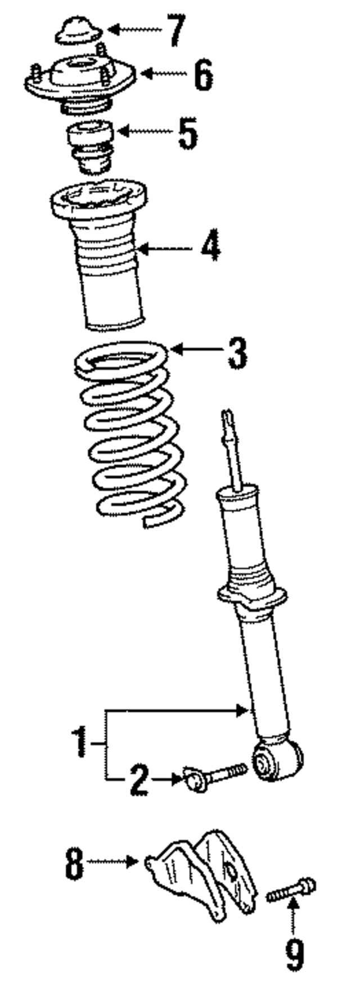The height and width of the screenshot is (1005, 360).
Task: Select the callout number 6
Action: [203, 74]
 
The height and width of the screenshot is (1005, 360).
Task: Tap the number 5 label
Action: [188, 133]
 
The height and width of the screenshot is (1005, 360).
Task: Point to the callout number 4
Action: [211, 246]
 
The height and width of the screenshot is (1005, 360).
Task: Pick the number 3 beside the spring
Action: [237, 353]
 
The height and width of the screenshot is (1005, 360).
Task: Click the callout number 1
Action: [80, 742]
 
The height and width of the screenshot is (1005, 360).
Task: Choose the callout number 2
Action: [139, 780]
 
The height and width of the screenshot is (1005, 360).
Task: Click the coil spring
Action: [130, 433]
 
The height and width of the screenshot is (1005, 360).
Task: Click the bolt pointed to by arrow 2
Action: [215, 777]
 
